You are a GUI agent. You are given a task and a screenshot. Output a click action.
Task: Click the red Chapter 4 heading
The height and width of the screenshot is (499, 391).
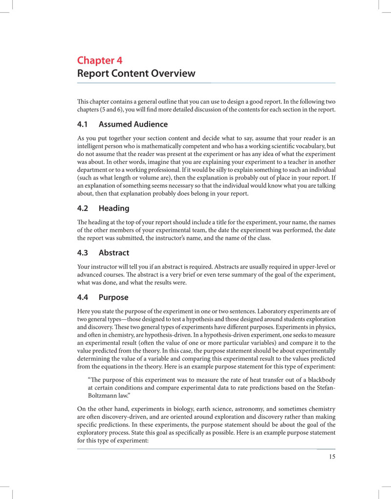(x=100, y=61)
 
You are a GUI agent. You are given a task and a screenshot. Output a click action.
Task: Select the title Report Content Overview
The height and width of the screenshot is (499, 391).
(x=136, y=74)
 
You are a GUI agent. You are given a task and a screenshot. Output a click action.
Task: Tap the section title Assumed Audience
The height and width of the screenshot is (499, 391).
(x=133, y=124)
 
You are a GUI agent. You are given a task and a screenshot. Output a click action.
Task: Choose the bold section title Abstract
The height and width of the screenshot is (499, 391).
(x=114, y=253)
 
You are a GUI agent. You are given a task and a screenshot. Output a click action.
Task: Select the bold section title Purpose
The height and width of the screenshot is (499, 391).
(x=113, y=297)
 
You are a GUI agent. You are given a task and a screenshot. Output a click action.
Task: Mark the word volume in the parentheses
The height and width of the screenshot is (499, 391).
(x=141, y=177)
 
